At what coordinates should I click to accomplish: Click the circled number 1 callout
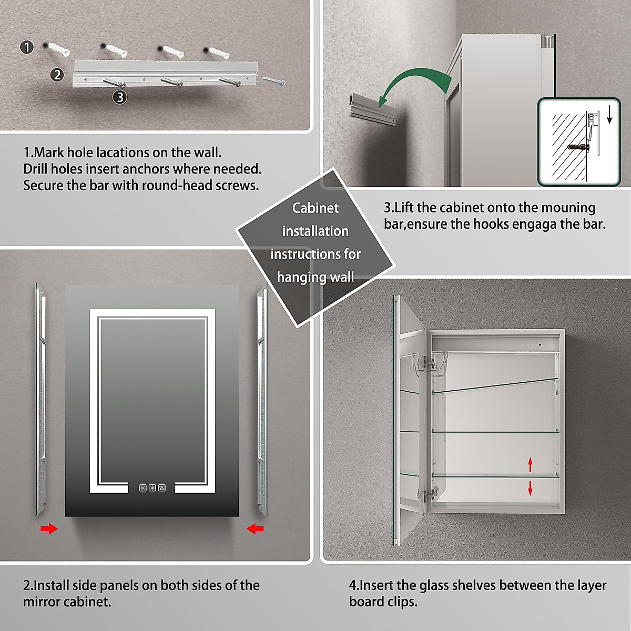pyautogui.click(x=27, y=47)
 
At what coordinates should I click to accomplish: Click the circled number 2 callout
pyautogui.click(x=57, y=75)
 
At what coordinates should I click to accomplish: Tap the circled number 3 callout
pyautogui.click(x=120, y=97)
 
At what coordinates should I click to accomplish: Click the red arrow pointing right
pyautogui.click(x=49, y=528)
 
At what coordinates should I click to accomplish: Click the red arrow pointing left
pyautogui.click(x=255, y=528)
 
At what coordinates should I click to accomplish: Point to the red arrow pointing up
pyautogui.click(x=530, y=464)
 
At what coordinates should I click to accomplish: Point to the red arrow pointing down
pyautogui.click(x=530, y=488)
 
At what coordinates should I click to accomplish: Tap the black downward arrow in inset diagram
pyautogui.click(x=609, y=115)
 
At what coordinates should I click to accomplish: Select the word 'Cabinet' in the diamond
pyautogui.click(x=315, y=208)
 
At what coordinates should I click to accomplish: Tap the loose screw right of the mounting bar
pyautogui.click(x=273, y=80)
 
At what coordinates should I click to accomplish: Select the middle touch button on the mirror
pyautogui.click(x=152, y=488)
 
